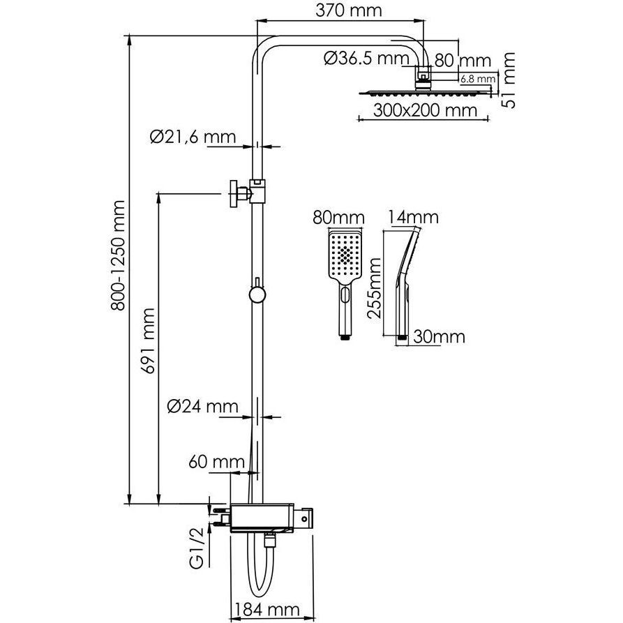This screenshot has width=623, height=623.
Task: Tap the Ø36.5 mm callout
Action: (363, 60)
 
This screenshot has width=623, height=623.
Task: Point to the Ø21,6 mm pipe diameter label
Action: (192, 136)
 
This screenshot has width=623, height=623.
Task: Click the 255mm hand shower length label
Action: (375, 286)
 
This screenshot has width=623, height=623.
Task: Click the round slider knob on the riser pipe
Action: (257, 295)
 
